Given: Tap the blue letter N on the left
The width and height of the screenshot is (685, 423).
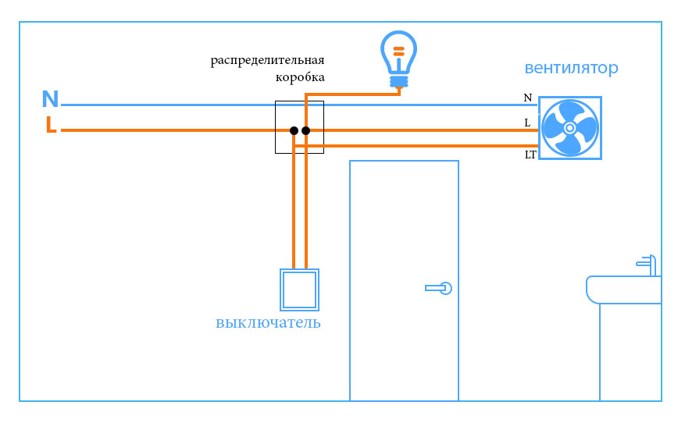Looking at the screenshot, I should (50, 99).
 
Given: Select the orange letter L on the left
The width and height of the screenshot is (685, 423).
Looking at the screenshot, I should (51, 125).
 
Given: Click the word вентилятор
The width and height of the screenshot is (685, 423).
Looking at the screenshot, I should (571, 68).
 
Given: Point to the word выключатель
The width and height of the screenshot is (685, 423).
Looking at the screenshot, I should (268, 323).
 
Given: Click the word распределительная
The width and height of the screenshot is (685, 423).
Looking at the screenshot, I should (267, 60).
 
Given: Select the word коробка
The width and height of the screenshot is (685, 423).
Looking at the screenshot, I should (300, 77).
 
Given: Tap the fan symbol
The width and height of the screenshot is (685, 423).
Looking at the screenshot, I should (570, 128).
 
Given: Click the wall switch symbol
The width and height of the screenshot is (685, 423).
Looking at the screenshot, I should (299, 290).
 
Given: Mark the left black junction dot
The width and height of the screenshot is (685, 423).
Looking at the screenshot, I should (294, 130).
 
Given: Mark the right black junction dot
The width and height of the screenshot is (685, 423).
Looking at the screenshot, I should (305, 130).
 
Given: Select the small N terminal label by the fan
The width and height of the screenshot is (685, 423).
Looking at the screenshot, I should (528, 98).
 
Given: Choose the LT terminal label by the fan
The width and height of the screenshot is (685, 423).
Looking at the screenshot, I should (530, 155).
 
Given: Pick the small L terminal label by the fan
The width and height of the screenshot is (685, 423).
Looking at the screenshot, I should (528, 123).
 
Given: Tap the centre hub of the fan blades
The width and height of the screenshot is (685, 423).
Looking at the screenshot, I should (570, 128).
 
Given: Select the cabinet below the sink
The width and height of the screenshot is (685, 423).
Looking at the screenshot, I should (630, 351).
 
